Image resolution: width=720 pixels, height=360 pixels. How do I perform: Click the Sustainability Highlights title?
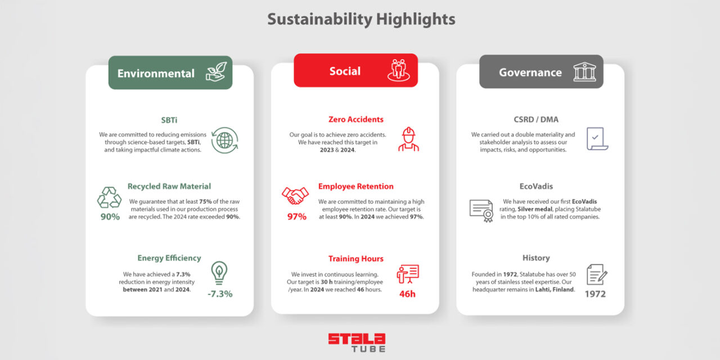click(x=361, y=19)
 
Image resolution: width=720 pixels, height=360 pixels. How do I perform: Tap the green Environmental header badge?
click(x=170, y=73)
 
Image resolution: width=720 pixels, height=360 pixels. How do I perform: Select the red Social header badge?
click(x=356, y=70)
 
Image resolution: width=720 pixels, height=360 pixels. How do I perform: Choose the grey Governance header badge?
click(x=541, y=71)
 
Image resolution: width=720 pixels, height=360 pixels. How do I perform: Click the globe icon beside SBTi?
click(x=224, y=141)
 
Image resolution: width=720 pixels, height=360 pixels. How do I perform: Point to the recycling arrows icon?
click(x=109, y=197)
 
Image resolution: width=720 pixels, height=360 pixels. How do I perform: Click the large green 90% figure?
click(x=110, y=217)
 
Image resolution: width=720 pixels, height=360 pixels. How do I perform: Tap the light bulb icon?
click(x=219, y=273)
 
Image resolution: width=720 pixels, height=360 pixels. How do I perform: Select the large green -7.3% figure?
click(x=220, y=294)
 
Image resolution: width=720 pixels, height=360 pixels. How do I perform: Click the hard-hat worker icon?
click(x=408, y=139)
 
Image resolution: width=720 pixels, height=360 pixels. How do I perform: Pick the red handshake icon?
click(x=295, y=195)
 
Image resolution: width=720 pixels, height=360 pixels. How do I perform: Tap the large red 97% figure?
click(x=296, y=217)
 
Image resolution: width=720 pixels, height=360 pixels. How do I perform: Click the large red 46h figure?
click(x=407, y=294)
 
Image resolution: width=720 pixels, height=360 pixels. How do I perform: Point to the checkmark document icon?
click(x=597, y=139)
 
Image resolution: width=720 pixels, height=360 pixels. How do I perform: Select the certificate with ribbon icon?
click(x=481, y=211)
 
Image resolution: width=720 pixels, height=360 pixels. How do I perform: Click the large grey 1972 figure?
click(x=595, y=294)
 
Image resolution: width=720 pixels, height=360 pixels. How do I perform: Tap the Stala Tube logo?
click(x=357, y=343)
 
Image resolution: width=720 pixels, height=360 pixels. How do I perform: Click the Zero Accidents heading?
click(x=356, y=120)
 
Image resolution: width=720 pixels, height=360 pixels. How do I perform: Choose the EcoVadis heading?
click(x=536, y=186)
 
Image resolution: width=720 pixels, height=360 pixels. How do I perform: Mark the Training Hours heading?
click(x=356, y=259)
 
